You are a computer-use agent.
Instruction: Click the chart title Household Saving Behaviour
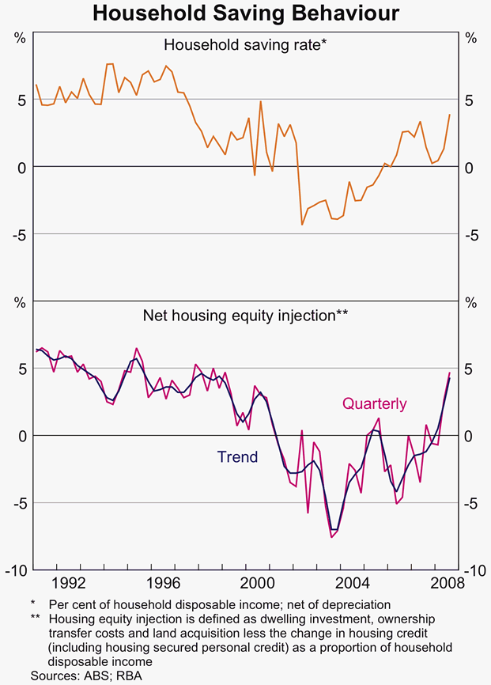245,13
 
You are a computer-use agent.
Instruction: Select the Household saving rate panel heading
245,45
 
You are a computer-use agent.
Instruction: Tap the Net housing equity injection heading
245,315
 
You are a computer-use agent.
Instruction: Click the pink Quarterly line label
374,404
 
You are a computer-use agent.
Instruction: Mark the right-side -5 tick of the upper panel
473,235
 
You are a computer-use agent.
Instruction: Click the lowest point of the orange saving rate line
302,225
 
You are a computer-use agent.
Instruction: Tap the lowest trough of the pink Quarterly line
333,538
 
